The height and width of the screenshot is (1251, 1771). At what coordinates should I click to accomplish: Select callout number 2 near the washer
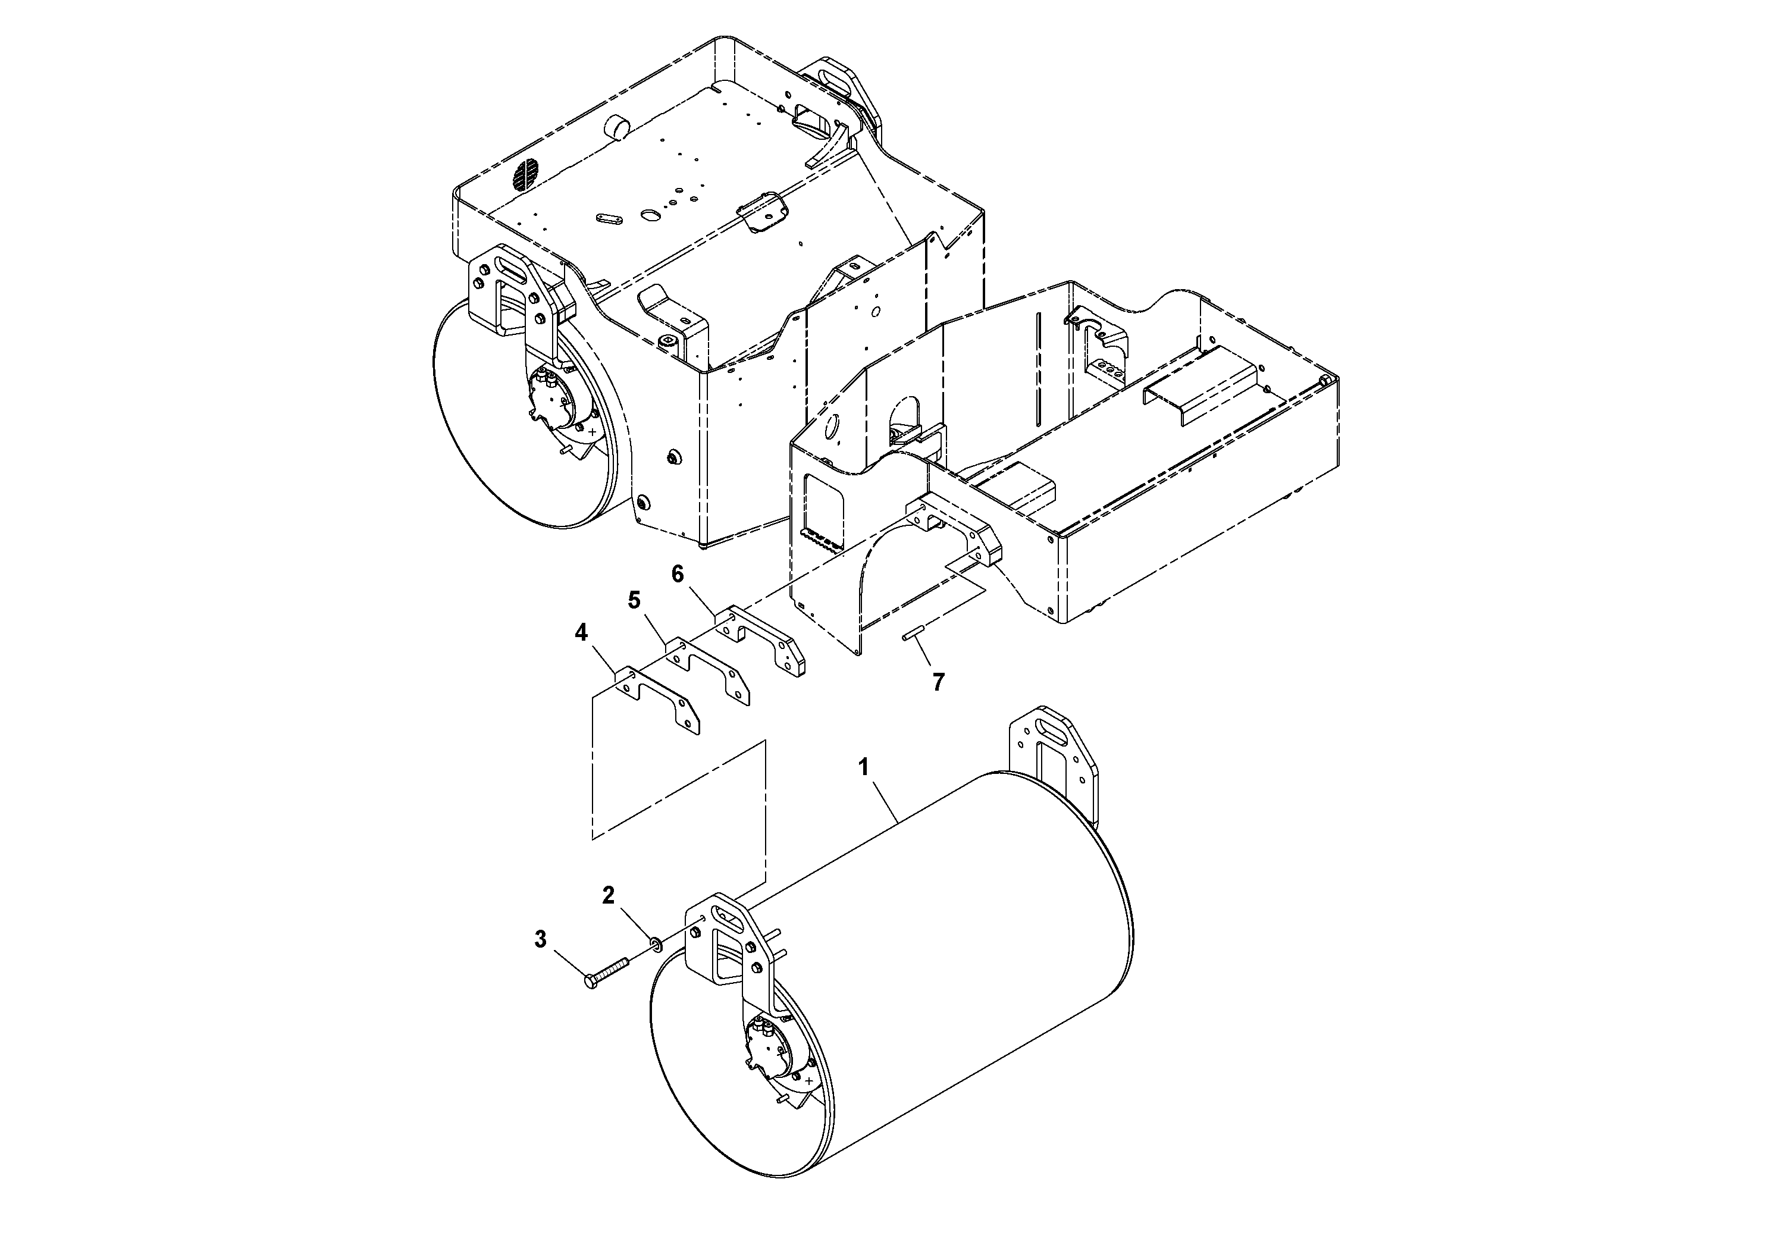(x=608, y=895)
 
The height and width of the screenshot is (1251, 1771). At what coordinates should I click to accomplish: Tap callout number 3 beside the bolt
(x=540, y=939)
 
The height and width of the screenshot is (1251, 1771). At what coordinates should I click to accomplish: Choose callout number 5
(x=634, y=600)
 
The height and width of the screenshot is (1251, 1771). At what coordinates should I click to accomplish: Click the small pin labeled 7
(x=913, y=634)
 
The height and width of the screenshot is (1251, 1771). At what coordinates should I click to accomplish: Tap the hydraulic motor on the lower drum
(x=767, y=1048)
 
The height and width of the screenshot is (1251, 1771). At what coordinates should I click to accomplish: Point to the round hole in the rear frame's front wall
(x=832, y=426)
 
